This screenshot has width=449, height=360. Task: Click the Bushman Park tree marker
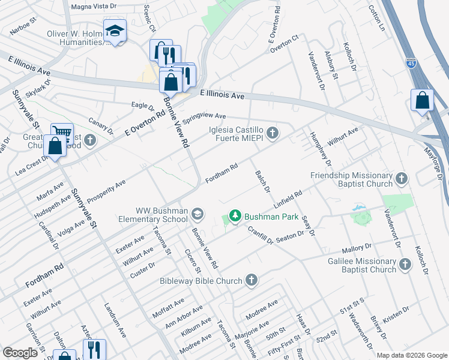(235, 216)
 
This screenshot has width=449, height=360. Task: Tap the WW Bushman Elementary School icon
(197, 214)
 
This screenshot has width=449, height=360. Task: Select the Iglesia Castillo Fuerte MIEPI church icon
(273, 133)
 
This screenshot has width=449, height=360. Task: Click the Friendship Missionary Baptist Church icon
(401, 178)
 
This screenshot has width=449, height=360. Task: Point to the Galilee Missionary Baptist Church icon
(405, 264)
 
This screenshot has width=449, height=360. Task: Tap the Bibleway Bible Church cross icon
(251, 280)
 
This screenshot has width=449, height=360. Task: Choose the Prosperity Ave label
(106, 190)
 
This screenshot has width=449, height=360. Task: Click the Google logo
(20, 353)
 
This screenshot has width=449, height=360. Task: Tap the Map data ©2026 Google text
(412, 355)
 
